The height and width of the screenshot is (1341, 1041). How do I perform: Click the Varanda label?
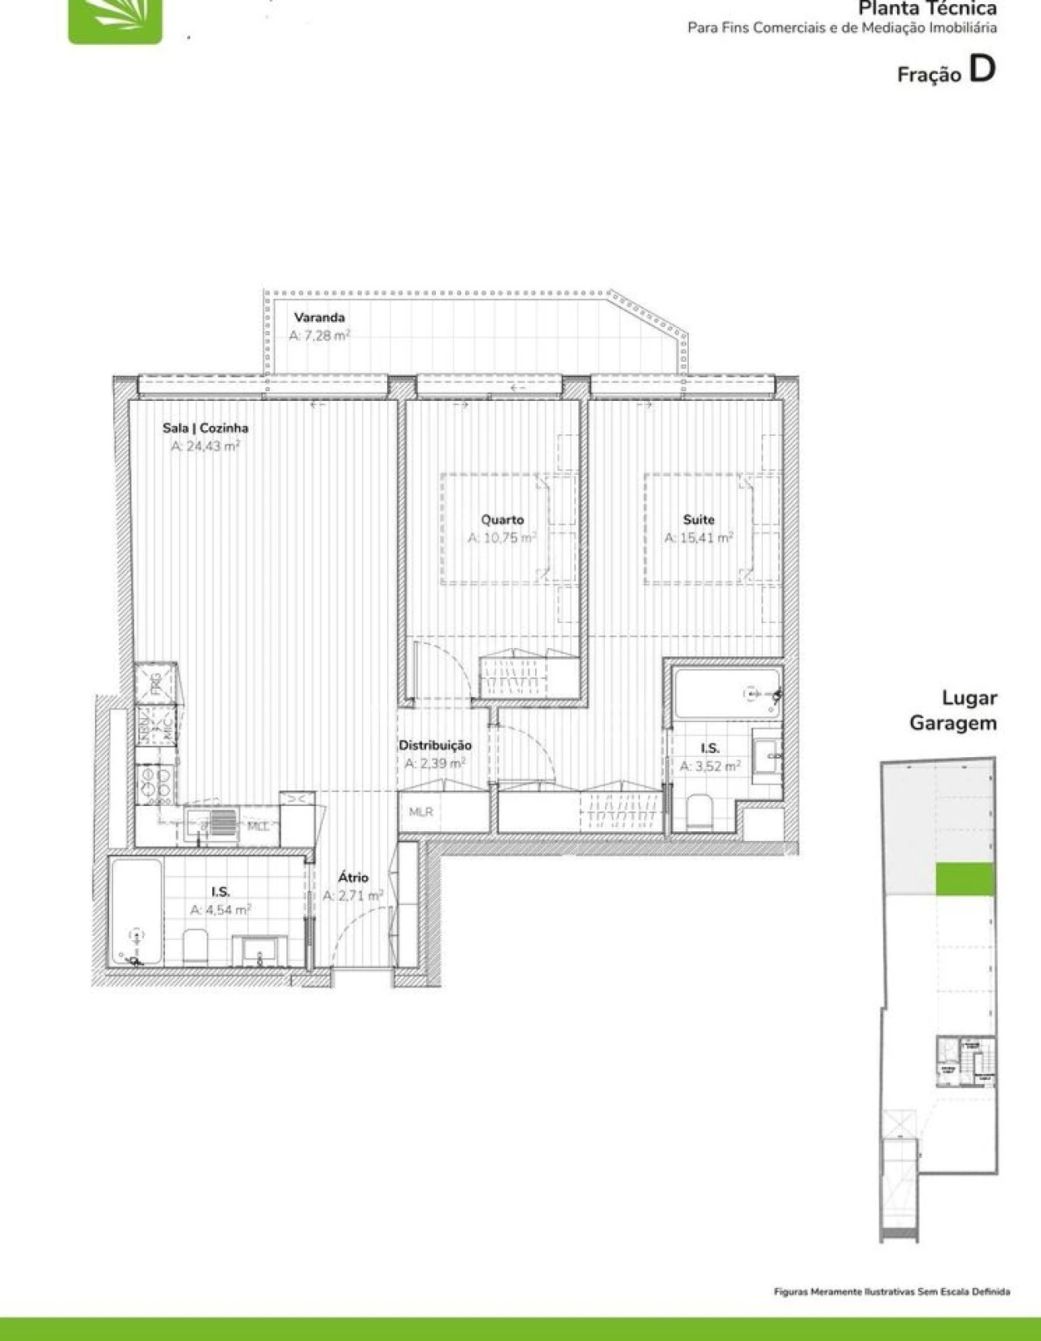pyautogui.click(x=320, y=317)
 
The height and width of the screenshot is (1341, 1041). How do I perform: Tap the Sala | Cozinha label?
pyautogui.click(x=205, y=428)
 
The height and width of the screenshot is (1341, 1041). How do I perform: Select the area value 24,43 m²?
pyautogui.click(x=205, y=446)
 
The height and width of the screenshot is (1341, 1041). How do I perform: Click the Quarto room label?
pyautogui.click(x=502, y=520)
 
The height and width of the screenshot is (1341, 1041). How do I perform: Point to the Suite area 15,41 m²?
pyautogui.click(x=699, y=538)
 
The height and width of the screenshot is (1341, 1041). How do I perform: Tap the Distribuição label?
pyautogui.click(x=434, y=745)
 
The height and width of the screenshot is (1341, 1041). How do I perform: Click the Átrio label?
pyautogui.click(x=353, y=877)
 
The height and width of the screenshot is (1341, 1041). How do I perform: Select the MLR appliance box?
pyautogui.click(x=421, y=812)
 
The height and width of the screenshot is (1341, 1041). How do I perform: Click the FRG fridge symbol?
pyautogui.click(x=155, y=683)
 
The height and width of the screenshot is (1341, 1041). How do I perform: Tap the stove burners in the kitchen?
pyautogui.click(x=155, y=783)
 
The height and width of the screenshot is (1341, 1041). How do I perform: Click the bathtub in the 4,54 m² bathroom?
pyautogui.click(x=135, y=912)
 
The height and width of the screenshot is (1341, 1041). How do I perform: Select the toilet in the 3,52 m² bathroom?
pyautogui.click(x=699, y=811)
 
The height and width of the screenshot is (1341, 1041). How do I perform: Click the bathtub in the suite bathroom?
pyautogui.click(x=726, y=694)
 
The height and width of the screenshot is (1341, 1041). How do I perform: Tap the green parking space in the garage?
pyautogui.click(x=965, y=879)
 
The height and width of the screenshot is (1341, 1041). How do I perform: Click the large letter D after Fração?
pyautogui.click(x=982, y=69)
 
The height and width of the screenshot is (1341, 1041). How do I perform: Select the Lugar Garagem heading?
pyautogui.click(x=953, y=710)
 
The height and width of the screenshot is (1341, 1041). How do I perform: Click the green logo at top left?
pyautogui.click(x=115, y=20)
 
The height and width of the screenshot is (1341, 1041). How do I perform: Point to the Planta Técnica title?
pyautogui.click(x=927, y=9)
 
